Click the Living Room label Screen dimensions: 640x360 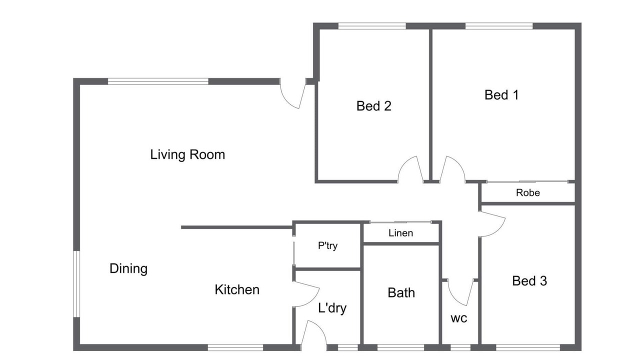coord(187,155)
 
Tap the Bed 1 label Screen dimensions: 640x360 coord(501,95)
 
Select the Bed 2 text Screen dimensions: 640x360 coord(373,106)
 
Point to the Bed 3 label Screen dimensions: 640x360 coord(529,281)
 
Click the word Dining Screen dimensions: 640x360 coord(128,269)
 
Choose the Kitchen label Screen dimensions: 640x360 coord(237,289)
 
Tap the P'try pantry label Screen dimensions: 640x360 coord(327,245)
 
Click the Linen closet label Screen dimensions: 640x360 coord(401,233)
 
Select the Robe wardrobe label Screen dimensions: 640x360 coord(528,193)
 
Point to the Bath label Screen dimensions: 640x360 coord(401,293)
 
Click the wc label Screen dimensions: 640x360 coord(459,318)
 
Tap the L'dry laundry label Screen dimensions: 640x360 coord(332,308)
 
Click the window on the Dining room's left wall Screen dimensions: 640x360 coord(76,284)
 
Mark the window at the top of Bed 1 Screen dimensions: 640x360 coord(499,26)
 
